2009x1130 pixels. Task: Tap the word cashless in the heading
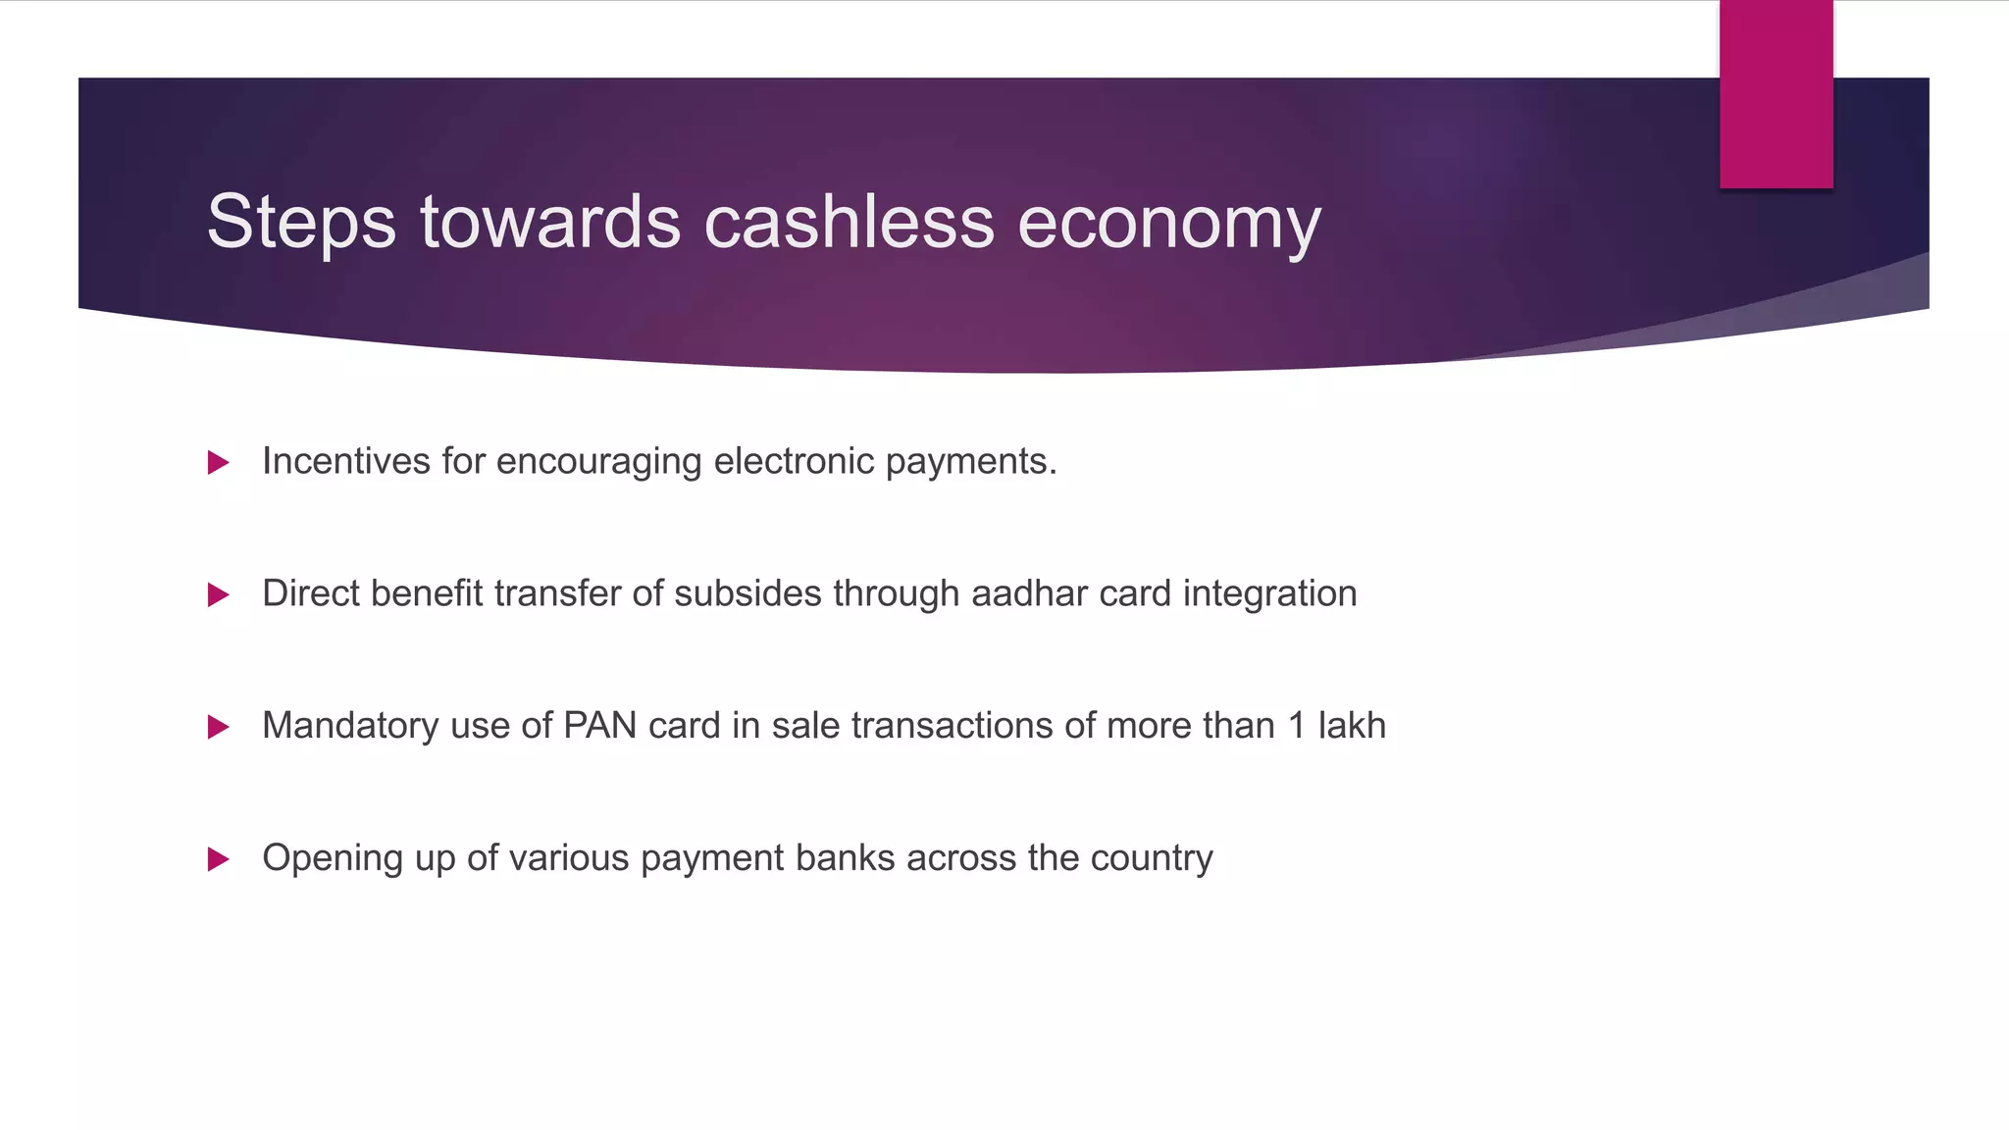click(x=849, y=222)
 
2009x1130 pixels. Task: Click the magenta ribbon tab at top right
click(x=1776, y=94)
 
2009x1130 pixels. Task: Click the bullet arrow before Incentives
click(x=219, y=462)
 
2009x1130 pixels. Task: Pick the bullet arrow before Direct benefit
click(x=219, y=594)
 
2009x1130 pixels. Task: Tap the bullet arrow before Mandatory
click(x=219, y=727)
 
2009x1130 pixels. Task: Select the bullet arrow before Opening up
click(x=219, y=859)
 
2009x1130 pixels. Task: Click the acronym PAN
click(x=600, y=726)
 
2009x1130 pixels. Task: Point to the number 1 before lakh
click(x=1297, y=726)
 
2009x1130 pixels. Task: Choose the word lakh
click(x=1352, y=726)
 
